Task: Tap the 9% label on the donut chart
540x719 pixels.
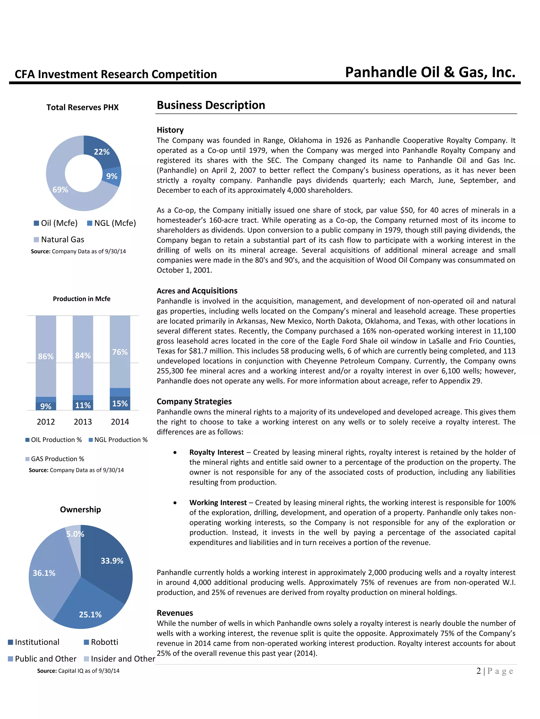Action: click(x=112, y=176)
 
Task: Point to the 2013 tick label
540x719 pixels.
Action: click(x=83, y=422)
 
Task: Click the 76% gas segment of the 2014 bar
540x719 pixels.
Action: click(x=120, y=352)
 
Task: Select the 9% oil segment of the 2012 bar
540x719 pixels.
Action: click(x=46, y=406)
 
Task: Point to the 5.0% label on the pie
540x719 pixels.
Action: click(x=75, y=534)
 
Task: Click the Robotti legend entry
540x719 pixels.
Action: click(x=101, y=642)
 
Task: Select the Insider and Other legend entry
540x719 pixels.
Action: click(x=119, y=659)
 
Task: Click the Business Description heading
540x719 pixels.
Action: click(x=211, y=105)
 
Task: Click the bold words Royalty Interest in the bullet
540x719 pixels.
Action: click(x=216, y=452)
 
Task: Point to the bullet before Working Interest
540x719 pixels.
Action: click(x=175, y=503)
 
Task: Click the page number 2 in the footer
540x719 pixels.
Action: click(x=478, y=671)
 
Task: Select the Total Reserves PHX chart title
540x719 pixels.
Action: click(x=83, y=107)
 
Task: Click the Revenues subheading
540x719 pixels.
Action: click(x=175, y=613)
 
